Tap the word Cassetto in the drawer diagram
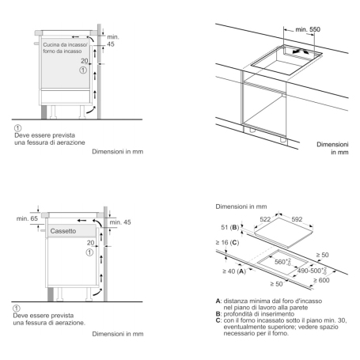pyautogui.click(x=65, y=230)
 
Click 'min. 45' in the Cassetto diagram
pyautogui.click(x=121, y=222)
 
